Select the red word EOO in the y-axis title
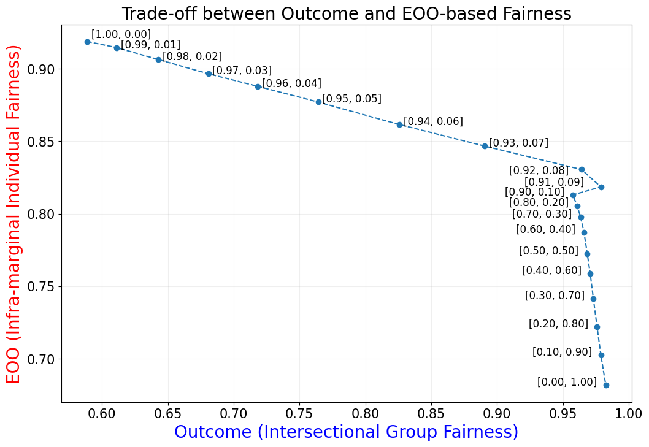(13, 363)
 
